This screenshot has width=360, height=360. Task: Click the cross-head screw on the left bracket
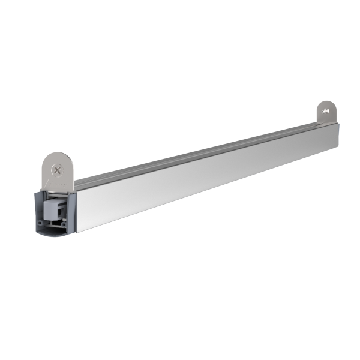(57, 170)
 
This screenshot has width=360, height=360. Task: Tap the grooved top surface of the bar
(198, 154)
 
